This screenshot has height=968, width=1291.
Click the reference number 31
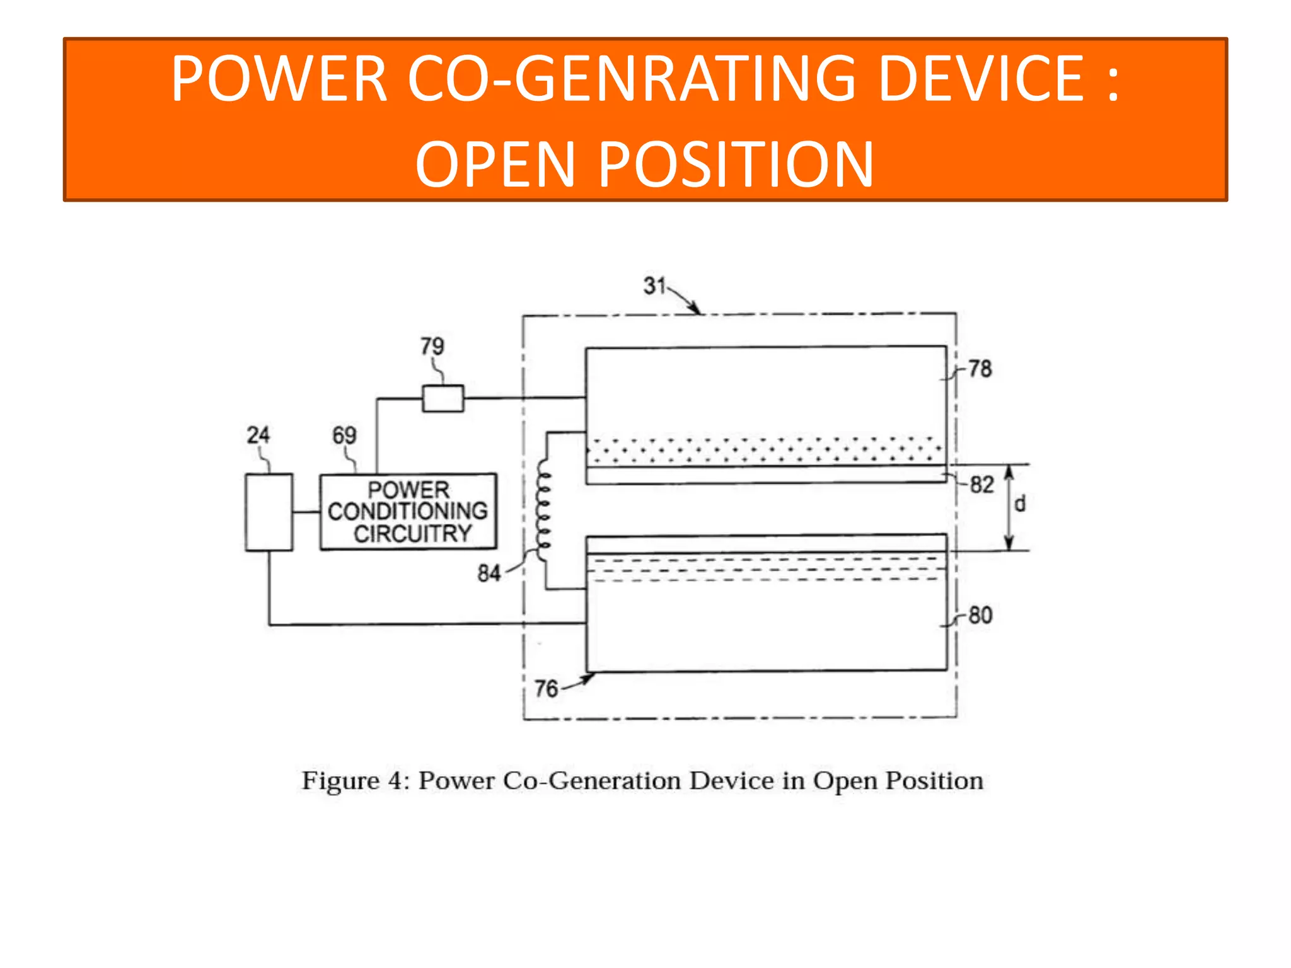click(x=654, y=285)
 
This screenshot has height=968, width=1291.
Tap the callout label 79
click(x=432, y=346)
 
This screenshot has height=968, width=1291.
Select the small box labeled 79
click(x=443, y=398)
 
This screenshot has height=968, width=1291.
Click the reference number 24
click(x=258, y=435)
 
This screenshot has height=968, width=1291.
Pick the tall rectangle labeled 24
click(x=269, y=512)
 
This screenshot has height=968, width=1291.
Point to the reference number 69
click(x=344, y=435)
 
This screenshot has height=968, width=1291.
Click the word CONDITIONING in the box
click(x=408, y=510)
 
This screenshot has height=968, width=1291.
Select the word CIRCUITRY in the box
click(x=412, y=534)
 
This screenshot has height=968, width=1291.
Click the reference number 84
click(x=489, y=573)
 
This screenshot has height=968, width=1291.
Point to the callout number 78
click(x=980, y=369)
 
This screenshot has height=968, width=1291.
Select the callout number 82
click(x=981, y=485)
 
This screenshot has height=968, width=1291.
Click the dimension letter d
click(x=1020, y=504)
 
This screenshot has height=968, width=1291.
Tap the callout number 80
click(x=980, y=615)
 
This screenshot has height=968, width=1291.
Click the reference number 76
click(x=547, y=688)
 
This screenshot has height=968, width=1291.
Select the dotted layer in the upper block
click(x=765, y=450)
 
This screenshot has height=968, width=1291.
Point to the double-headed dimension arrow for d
click(x=1009, y=507)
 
